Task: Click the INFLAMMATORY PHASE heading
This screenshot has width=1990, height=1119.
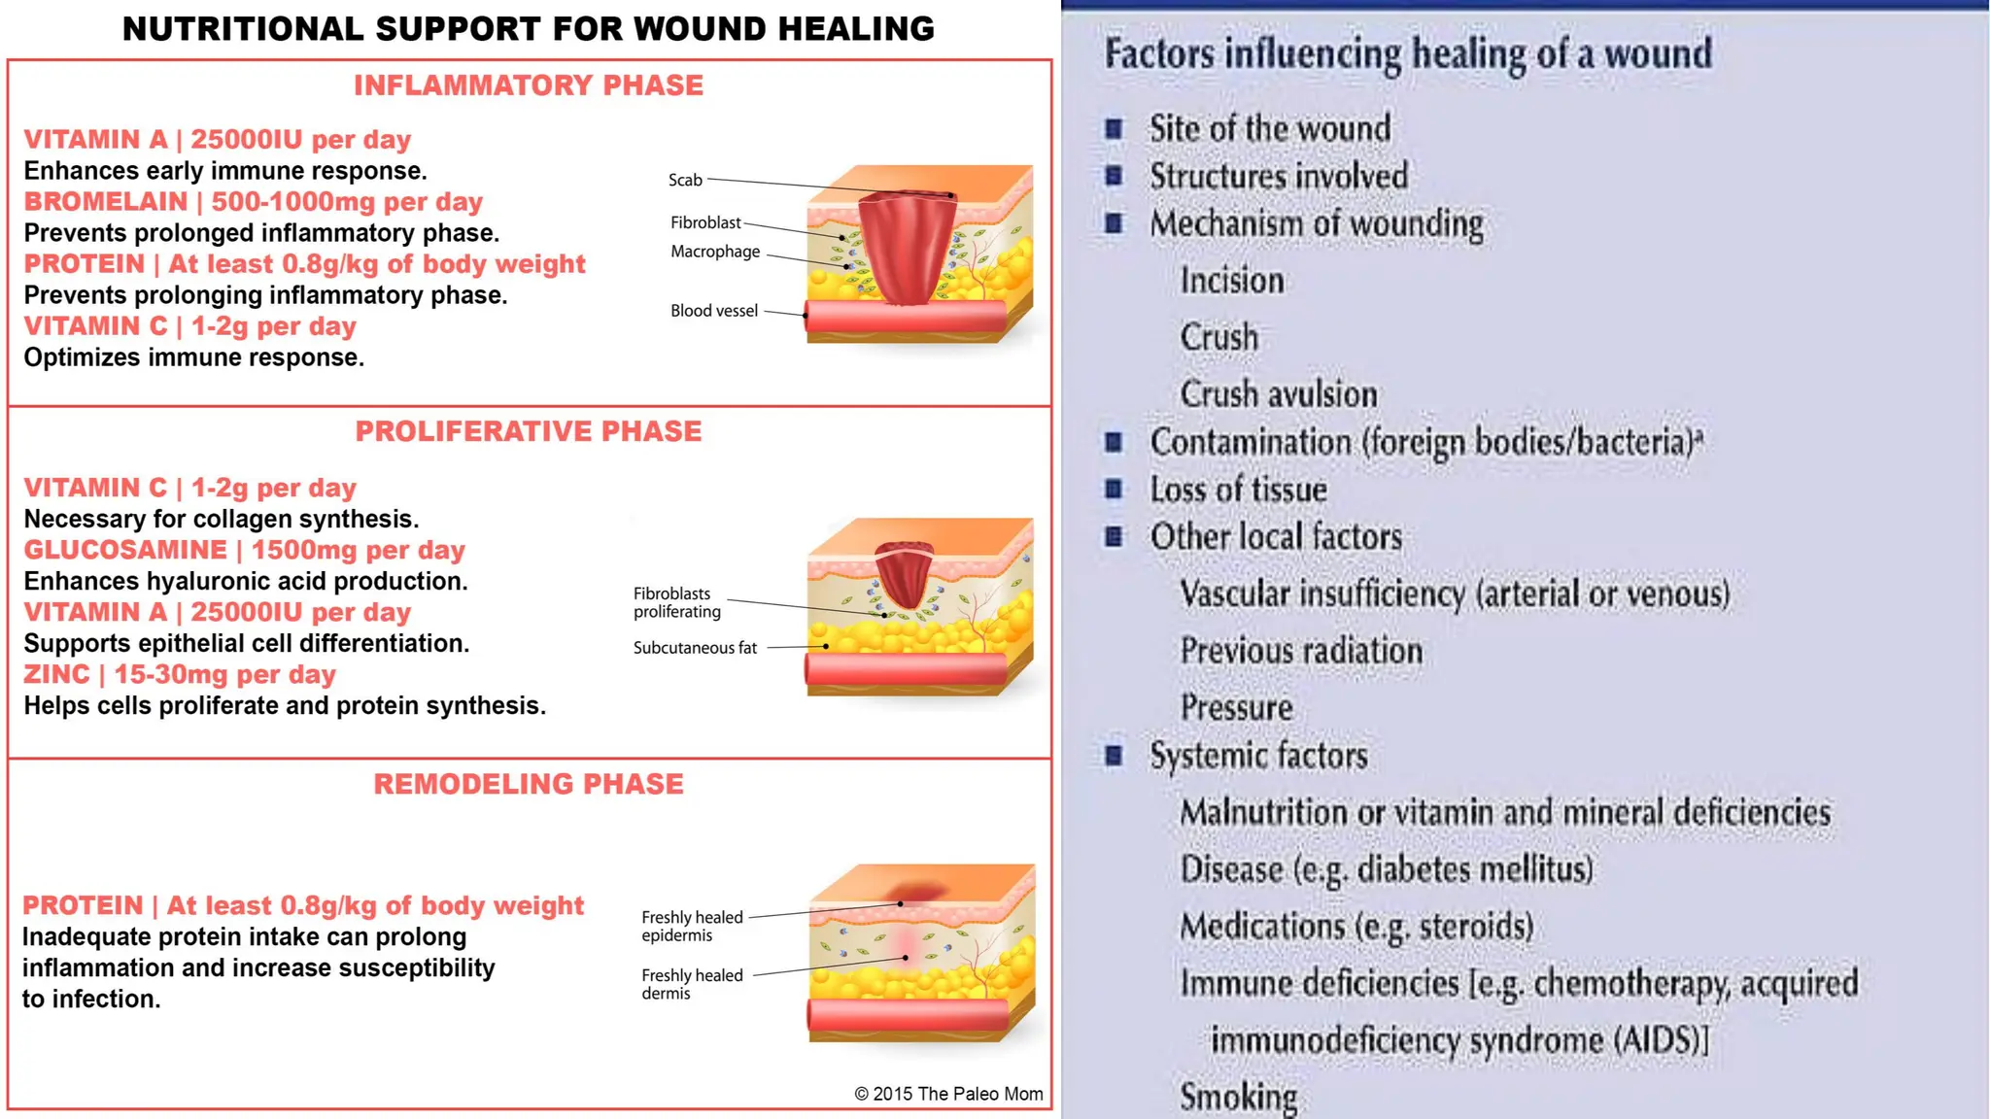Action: click(x=528, y=85)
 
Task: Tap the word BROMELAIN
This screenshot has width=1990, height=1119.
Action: click(x=105, y=202)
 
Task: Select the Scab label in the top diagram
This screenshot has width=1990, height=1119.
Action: click(x=685, y=180)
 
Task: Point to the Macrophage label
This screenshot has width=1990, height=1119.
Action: click(x=715, y=252)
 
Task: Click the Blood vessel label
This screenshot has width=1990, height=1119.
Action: click(x=713, y=311)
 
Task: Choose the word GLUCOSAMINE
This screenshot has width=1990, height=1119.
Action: click(x=125, y=550)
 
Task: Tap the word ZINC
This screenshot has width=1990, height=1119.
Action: click(x=56, y=674)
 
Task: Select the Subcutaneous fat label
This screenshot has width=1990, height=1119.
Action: click(x=695, y=648)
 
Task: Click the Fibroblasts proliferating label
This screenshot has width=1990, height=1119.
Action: click(x=677, y=602)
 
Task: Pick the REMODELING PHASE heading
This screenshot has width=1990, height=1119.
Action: click(x=528, y=784)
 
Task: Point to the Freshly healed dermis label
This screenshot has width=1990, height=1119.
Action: click(x=691, y=984)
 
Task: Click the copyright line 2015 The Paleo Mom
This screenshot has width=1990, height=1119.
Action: click(x=948, y=1094)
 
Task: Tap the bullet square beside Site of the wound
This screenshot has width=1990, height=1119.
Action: click(x=1115, y=128)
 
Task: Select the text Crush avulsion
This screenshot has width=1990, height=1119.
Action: click(x=1278, y=394)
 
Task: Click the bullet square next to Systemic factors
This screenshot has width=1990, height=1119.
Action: click(x=1115, y=756)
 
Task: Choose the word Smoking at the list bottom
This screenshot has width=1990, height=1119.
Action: click(x=1238, y=1097)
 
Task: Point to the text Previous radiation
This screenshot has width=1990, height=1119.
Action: click(x=1301, y=651)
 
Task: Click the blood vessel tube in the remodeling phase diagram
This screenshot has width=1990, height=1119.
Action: click(x=908, y=1015)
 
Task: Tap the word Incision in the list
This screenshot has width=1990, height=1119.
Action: click(x=1232, y=281)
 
